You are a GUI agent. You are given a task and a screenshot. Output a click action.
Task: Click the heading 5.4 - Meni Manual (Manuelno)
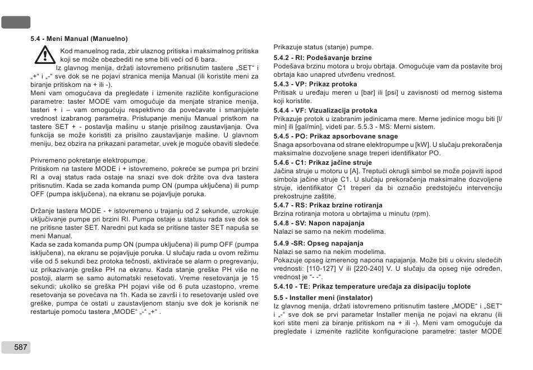(x=79, y=39)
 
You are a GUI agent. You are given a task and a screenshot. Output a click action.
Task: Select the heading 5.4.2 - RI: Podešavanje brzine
(x=322, y=58)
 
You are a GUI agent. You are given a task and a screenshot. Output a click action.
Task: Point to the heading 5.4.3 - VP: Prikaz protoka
(x=315, y=84)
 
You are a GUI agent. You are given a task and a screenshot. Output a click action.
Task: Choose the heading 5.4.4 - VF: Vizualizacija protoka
(x=325, y=110)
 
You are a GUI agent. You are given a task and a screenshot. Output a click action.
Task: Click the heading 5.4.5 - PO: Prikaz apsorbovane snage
(x=336, y=136)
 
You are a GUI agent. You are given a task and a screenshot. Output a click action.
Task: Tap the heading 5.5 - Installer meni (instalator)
(x=323, y=297)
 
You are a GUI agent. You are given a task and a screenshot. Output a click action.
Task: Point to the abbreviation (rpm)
(x=422, y=214)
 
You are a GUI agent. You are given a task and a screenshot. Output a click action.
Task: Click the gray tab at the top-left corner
(x=15, y=22)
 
